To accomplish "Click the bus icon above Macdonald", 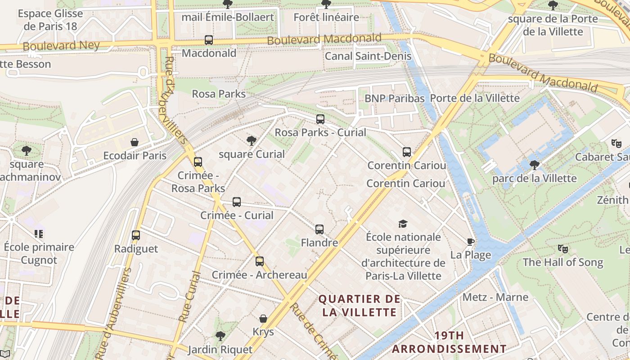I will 209,40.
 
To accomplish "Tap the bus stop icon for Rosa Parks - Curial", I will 320,119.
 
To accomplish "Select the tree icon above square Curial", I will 252,141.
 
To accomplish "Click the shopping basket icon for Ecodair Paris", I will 134,143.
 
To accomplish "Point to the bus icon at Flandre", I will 319,229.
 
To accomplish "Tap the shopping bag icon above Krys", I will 263,319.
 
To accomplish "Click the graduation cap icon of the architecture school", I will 403,224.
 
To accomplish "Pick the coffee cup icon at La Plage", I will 471,242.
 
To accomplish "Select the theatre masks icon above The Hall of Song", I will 562,249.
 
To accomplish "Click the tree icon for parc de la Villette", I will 534,165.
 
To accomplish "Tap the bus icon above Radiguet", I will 136,235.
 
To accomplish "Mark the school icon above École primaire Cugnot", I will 39,234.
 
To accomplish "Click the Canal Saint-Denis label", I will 368,56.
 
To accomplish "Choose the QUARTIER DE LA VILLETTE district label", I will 359,306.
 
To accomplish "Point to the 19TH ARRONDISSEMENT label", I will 449,342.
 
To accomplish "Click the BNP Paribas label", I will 394,98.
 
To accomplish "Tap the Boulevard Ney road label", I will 61,45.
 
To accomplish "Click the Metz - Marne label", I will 495,297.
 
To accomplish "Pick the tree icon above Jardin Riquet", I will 220,336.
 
